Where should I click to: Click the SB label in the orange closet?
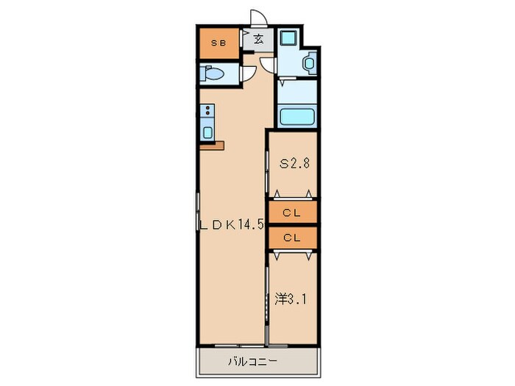click(x=219, y=43)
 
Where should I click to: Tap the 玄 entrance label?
click(x=259, y=40)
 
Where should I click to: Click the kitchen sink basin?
click(x=207, y=132)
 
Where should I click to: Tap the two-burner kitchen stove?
click(x=207, y=112)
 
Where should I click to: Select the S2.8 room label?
click(x=293, y=163)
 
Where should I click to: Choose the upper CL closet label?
click(x=292, y=213)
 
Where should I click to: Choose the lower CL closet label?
click(x=292, y=237)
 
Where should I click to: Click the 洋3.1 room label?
click(x=292, y=299)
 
